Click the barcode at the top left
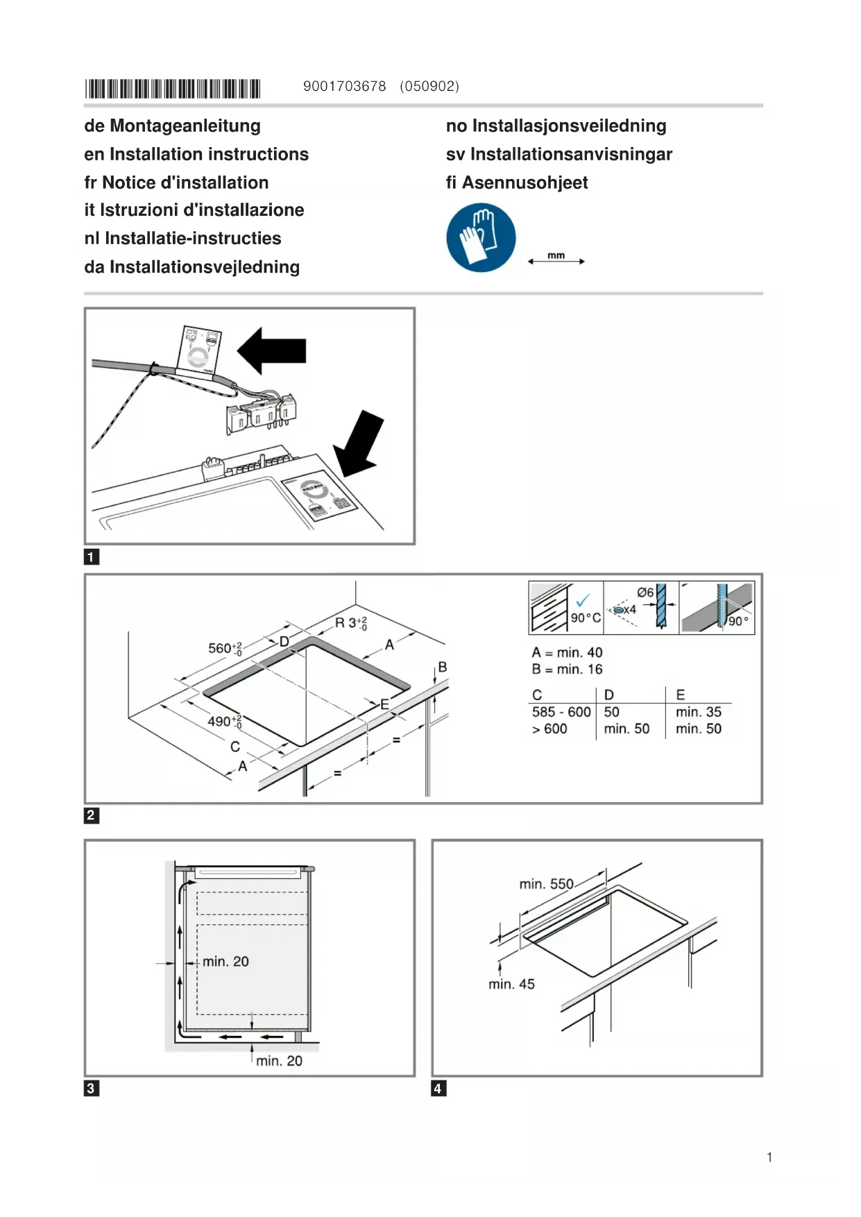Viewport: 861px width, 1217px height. click(172, 89)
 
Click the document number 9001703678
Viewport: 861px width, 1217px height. click(344, 87)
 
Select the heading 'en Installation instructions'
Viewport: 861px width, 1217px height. click(196, 154)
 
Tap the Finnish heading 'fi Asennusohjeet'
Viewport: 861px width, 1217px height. click(517, 182)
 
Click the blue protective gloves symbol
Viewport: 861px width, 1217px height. click(481, 237)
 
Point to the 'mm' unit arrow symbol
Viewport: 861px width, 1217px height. click(556, 259)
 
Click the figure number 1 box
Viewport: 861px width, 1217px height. click(91, 557)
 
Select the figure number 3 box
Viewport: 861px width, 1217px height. click(91, 1088)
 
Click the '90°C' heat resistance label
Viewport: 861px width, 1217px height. click(586, 618)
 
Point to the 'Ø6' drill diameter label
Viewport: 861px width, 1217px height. click(645, 593)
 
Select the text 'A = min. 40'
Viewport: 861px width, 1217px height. click(567, 653)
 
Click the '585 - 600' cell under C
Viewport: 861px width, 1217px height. click(561, 712)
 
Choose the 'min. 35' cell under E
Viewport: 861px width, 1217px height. click(698, 712)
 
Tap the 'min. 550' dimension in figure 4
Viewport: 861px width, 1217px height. click(547, 884)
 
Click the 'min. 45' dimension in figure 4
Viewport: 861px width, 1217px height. click(511, 984)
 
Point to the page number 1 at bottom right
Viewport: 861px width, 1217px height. click(769, 1157)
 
